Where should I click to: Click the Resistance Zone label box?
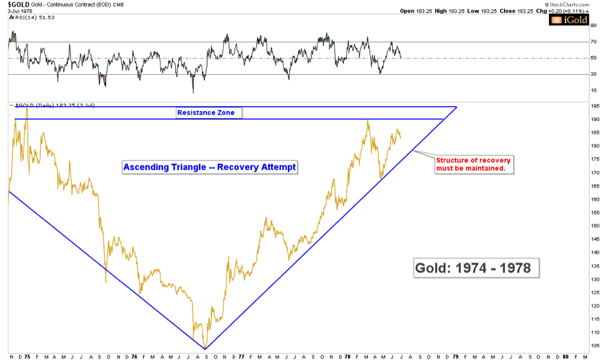[x=209, y=113]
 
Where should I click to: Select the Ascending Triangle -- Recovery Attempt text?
[x=210, y=167]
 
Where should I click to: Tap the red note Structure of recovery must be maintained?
[x=473, y=164]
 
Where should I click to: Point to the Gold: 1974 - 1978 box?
[x=473, y=268]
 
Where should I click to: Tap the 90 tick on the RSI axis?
[x=593, y=25]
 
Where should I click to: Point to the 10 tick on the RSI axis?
[x=593, y=90]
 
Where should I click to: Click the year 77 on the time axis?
[x=241, y=356]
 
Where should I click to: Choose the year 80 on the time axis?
[x=565, y=356]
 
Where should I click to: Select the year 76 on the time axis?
[x=134, y=356]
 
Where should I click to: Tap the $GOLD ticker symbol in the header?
[x=15, y=4]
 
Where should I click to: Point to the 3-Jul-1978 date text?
[x=17, y=11]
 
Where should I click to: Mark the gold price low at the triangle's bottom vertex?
[x=204, y=348]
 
